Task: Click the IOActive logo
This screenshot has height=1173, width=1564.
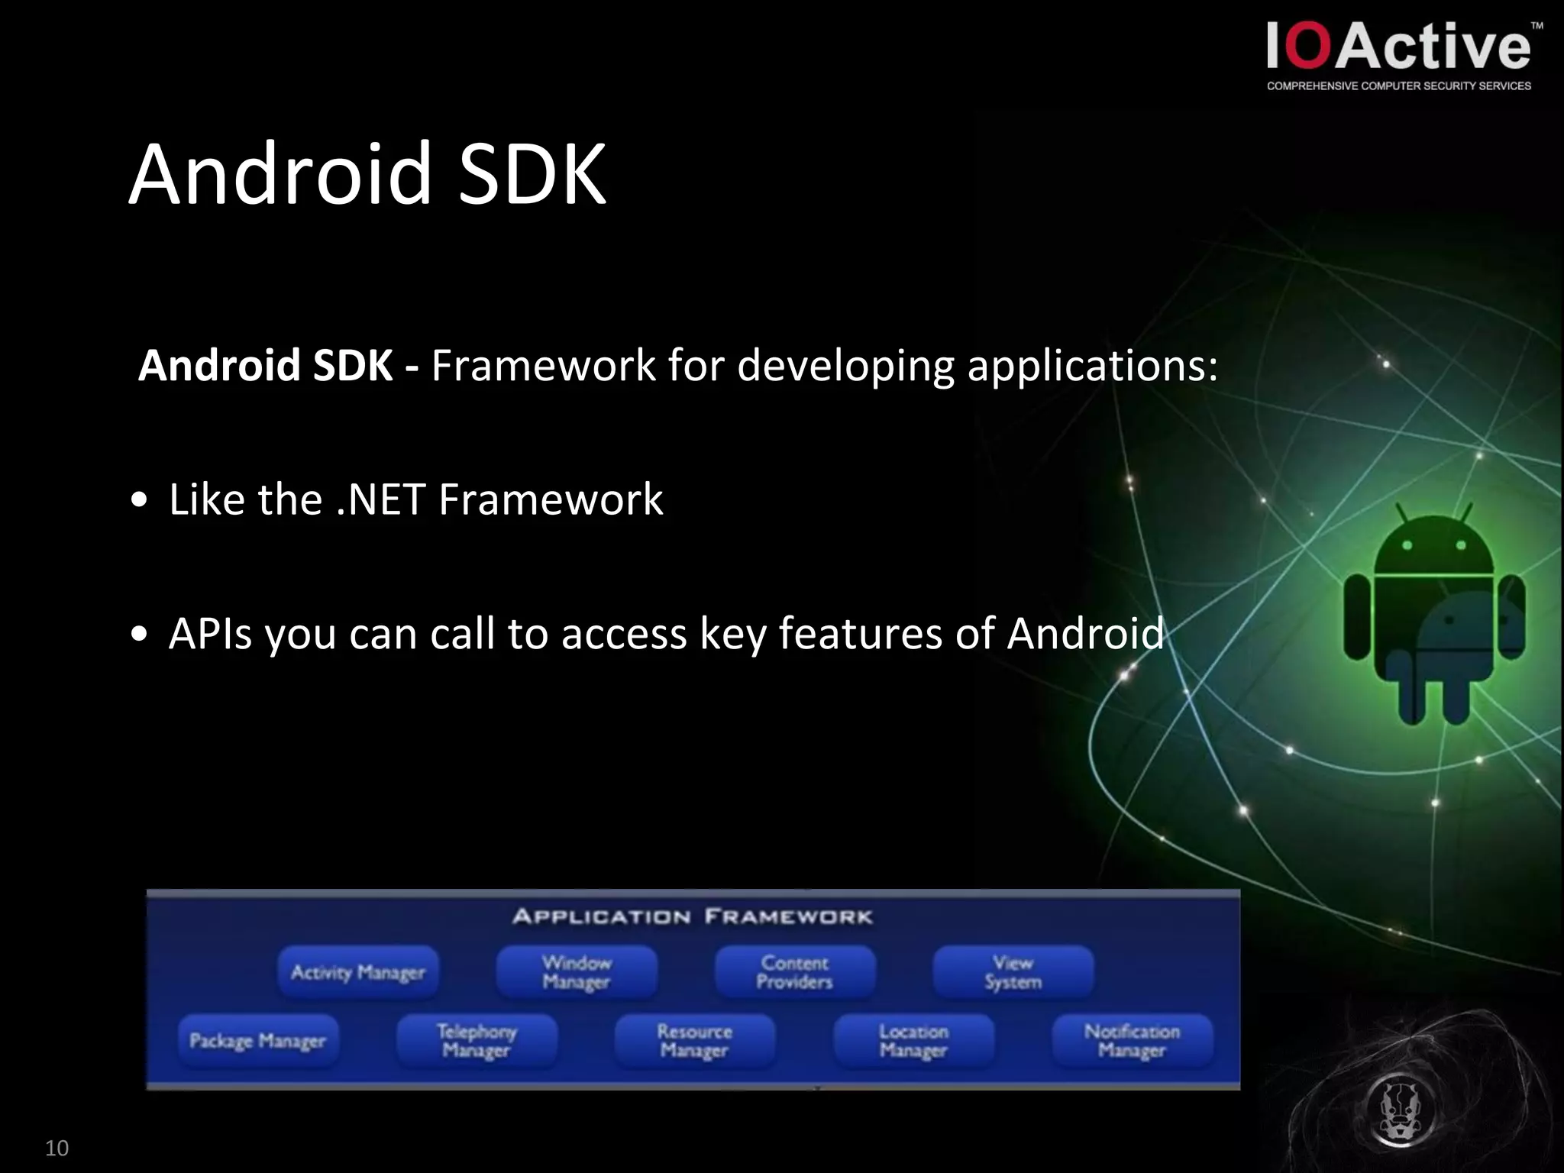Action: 1398,47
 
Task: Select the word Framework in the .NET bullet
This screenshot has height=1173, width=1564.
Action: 551,500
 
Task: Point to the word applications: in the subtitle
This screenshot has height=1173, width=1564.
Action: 1092,366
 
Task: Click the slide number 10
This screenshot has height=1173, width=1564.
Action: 57,1148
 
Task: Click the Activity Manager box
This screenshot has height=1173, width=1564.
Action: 358,972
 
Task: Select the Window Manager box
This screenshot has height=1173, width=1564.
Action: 577,972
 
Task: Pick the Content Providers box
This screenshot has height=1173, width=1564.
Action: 795,972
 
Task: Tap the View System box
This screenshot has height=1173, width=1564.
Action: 1013,972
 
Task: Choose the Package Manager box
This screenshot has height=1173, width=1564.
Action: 257,1040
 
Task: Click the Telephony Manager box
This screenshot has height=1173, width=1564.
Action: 477,1040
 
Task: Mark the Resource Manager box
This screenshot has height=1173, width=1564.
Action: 695,1040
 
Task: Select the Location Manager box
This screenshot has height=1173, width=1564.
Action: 913,1040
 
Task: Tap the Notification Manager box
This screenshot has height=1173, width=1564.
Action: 1132,1040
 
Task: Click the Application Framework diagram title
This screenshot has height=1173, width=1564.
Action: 692,916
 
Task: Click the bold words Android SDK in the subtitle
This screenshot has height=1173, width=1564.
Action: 265,366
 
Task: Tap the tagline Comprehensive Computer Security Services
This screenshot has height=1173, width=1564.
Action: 1398,86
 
